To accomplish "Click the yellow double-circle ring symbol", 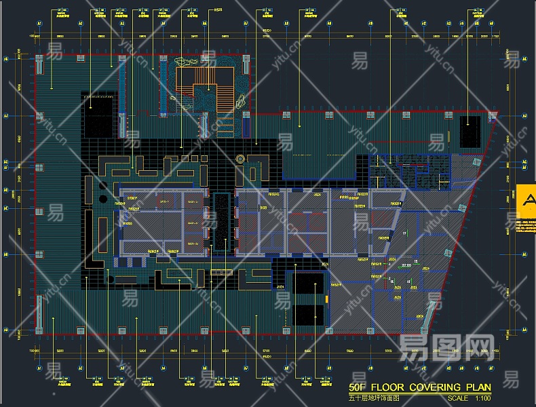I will coord(239,159).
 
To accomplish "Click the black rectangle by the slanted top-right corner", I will coord(470,130).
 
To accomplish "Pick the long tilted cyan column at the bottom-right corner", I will coord(430,313).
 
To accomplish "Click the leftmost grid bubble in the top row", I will coord(39,24).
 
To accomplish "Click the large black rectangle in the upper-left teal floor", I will coord(99,115).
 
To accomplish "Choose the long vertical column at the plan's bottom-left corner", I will coord(40,312).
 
